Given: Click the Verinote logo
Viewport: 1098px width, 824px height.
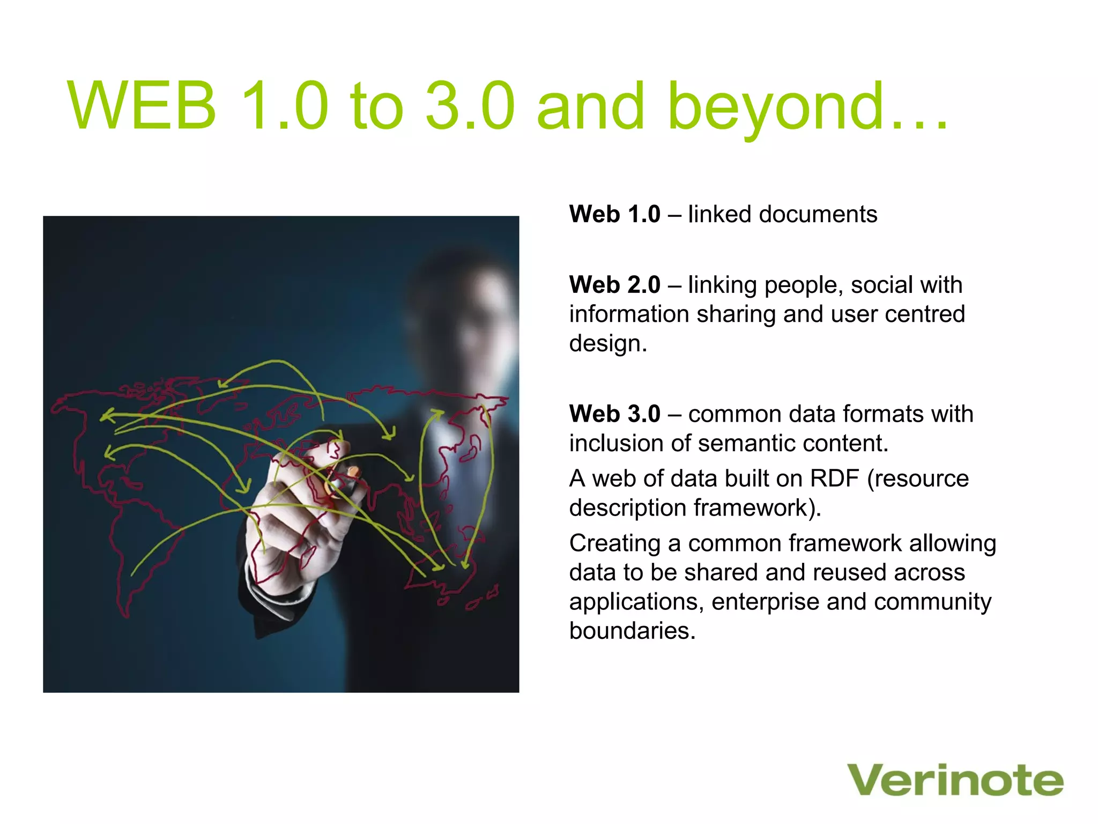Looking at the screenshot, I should click(955, 781).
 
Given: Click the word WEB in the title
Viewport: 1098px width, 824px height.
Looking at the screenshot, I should click(142, 106).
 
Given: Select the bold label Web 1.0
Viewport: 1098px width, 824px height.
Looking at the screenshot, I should click(614, 214).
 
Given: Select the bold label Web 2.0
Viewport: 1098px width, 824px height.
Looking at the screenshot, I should click(614, 285).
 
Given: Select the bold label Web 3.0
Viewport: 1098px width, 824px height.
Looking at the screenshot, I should click(614, 414).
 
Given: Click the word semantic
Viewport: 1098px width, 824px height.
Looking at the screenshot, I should click(751, 444).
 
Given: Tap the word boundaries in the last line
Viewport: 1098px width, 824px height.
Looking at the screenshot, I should click(632, 631).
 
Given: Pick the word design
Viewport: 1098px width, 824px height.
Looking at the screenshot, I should click(607, 344).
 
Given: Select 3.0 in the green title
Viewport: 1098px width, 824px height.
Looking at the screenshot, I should click(470, 106).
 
